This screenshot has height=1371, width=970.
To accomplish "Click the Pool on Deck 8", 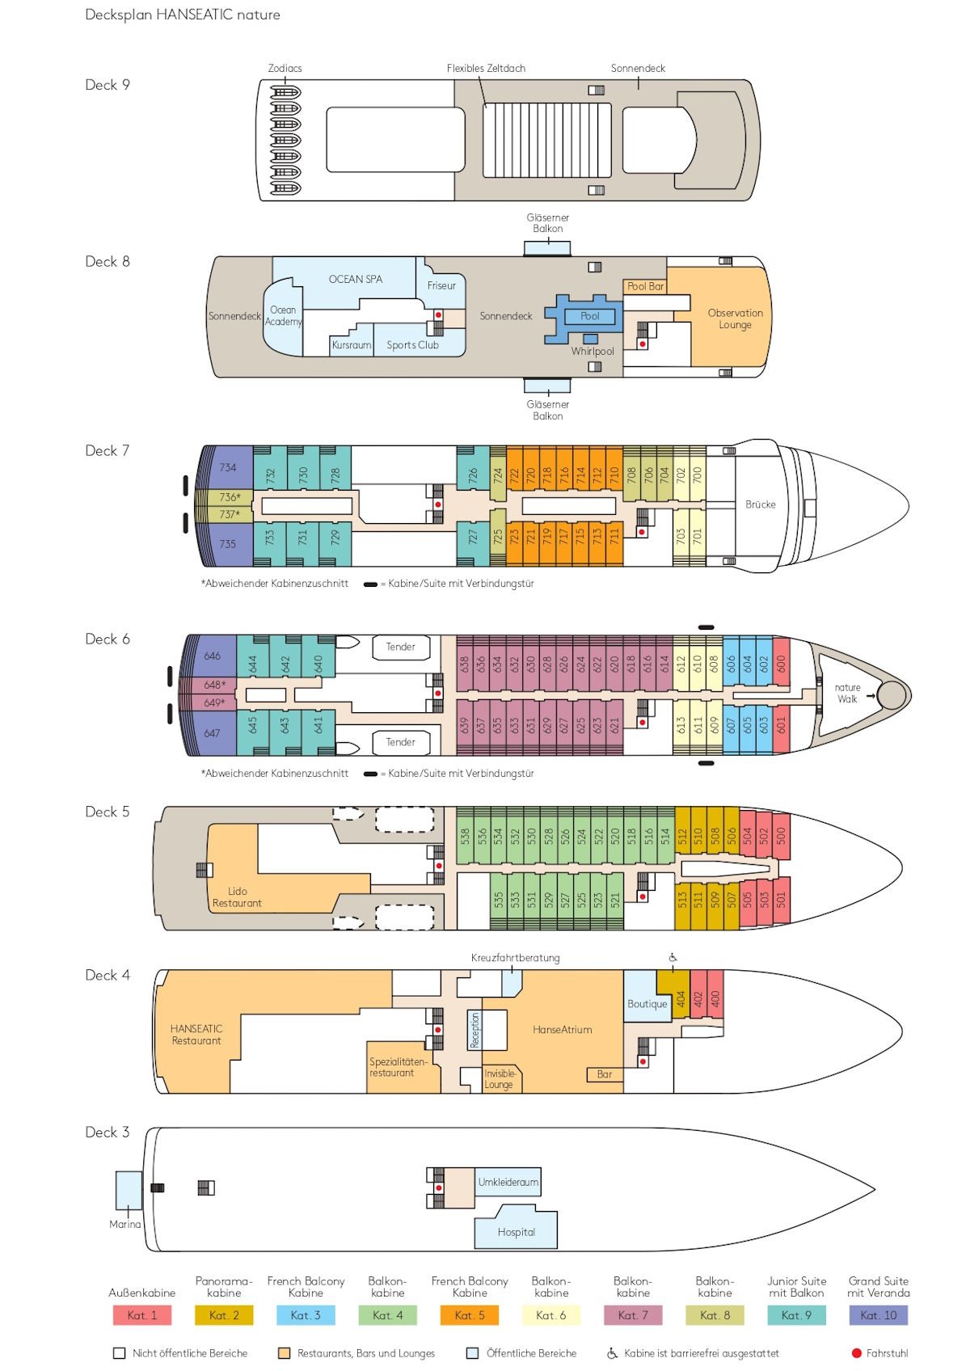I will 589,316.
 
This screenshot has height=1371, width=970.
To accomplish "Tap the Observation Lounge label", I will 735,318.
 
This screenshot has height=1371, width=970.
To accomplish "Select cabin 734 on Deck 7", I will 227,467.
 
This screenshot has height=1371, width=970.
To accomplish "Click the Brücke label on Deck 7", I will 760,504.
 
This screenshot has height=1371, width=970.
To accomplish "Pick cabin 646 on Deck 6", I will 212,656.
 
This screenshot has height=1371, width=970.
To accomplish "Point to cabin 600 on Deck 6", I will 781,663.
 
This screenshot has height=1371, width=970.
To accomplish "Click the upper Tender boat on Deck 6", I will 400,647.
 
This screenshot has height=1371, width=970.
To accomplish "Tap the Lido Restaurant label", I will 237,897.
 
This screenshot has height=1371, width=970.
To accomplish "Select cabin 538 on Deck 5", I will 465,836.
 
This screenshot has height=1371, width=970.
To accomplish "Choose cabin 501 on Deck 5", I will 781,899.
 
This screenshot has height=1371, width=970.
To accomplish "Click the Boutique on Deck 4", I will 647,1004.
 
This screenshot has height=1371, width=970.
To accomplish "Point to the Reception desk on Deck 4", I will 474,1030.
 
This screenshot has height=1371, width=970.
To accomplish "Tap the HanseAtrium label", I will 562,1030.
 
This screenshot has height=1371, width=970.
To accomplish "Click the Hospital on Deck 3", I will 516,1232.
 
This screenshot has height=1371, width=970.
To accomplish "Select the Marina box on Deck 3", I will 129,1190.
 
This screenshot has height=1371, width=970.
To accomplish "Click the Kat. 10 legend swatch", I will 878,1315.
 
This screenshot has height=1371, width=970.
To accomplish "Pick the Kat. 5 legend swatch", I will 470,1315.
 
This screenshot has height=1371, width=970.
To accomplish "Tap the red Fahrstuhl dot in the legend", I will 857,1353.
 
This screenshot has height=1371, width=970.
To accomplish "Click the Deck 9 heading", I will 108,85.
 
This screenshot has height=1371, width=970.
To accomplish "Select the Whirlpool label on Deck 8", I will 593,352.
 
